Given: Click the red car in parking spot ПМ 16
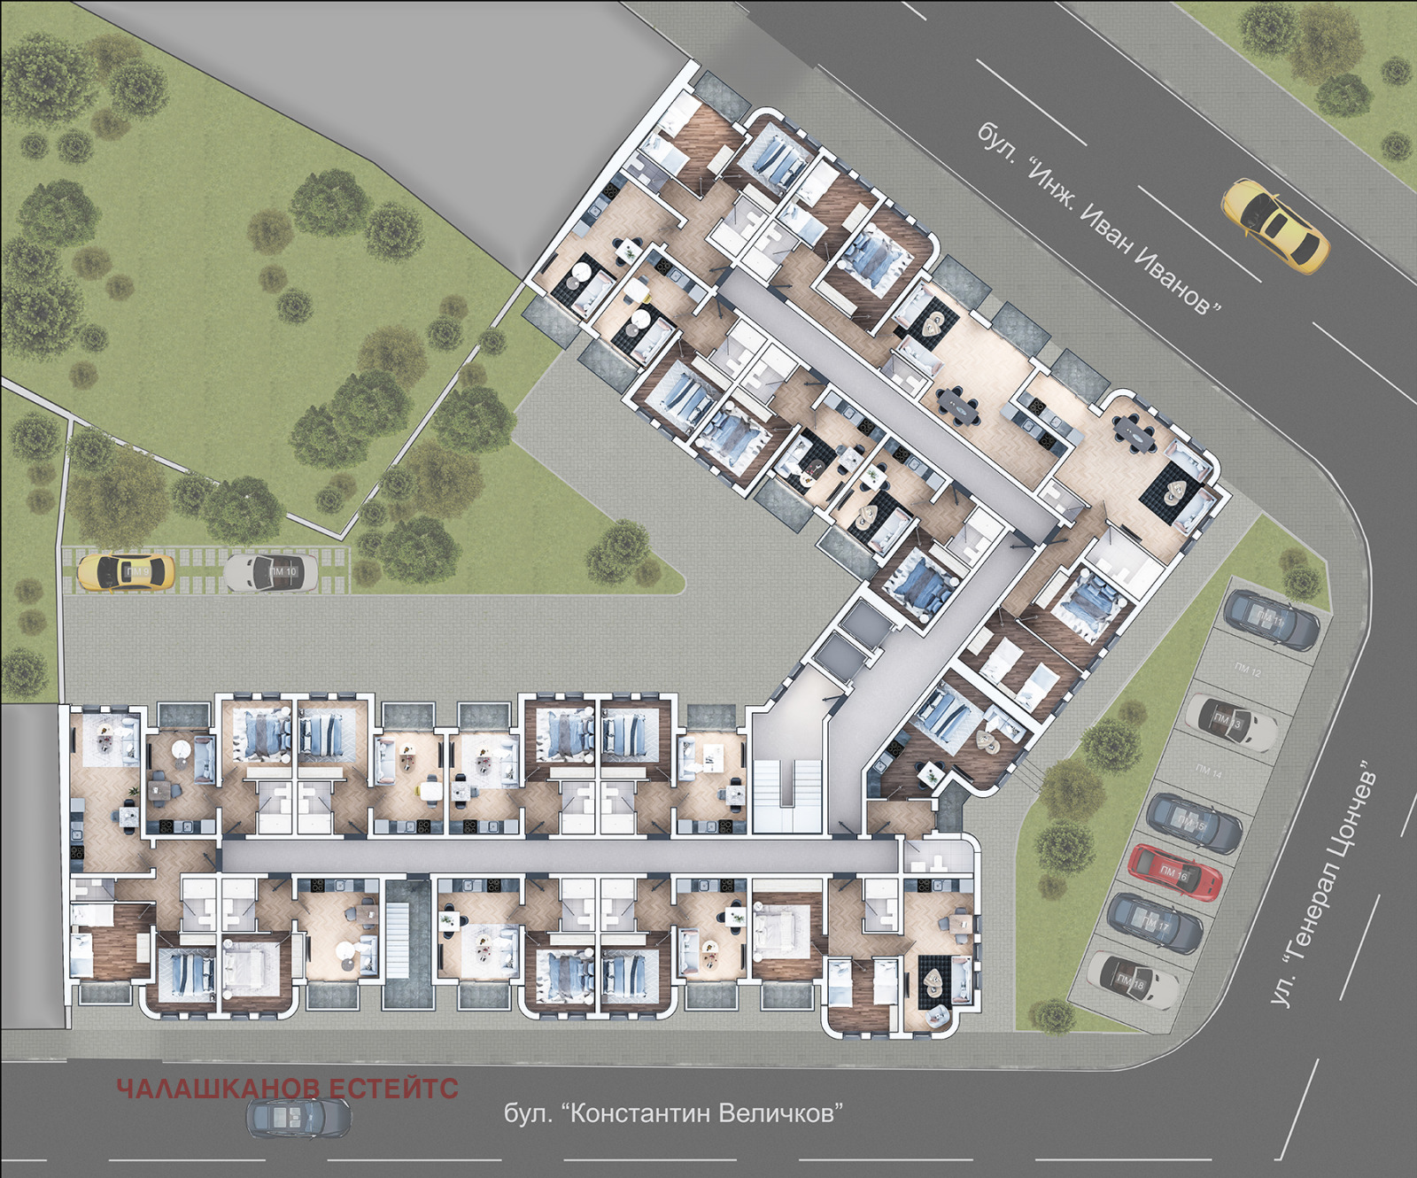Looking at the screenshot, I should click(x=1175, y=872).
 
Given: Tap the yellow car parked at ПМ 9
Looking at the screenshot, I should click(x=126, y=572).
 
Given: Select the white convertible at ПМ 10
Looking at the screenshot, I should click(x=271, y=572).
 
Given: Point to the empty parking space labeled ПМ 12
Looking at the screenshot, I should click(x=1248, y=670).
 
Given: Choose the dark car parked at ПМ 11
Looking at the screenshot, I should click(x=1272, y=619).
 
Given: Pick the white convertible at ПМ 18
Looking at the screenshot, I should click(x=1133, y=980).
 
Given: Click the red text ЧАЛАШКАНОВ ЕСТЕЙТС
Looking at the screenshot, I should click(x=288, y=1089).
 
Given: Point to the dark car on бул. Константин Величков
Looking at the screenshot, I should click(x=298, y=1117).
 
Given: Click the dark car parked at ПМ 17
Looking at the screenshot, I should click(x=1155, y=923).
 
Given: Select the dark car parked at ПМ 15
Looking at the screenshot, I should click(x=1194, y=823).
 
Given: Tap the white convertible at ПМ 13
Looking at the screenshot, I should click(x=1231, y=722).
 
